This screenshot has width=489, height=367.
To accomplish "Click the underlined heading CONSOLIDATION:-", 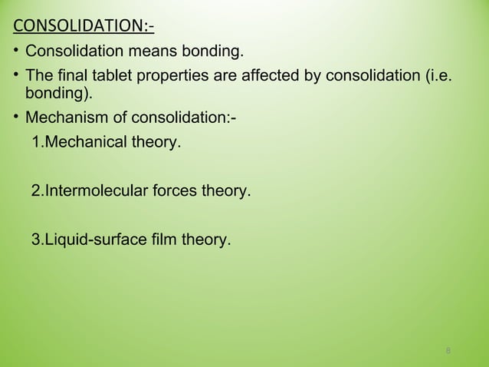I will tap(84, 29).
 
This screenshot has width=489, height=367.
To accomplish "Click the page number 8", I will tap(448, 352).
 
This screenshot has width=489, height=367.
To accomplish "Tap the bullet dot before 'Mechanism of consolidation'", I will tap(17, 119).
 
